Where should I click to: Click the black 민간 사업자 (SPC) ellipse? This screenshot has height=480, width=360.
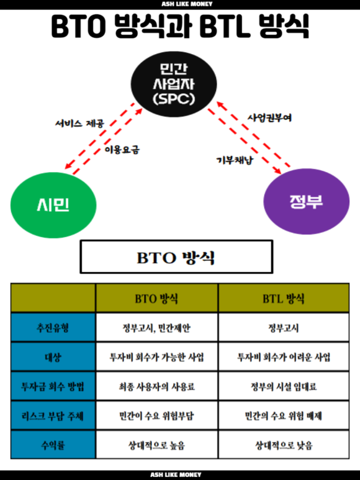pos(174,84)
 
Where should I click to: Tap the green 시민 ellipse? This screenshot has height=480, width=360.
pos(53,205)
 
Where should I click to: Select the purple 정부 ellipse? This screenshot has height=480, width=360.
pos(306,201)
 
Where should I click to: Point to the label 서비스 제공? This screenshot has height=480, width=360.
pos(79,124)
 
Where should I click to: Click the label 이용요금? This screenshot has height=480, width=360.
pos(122,150)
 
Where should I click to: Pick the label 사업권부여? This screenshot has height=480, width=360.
pos(269,118)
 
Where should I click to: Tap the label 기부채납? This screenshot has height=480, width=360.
pos(235,160)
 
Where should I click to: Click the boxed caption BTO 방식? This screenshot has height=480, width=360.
pos(176,256)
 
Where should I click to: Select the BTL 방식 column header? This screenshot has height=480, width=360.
pos(284,299)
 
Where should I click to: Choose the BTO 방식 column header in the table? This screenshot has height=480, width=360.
pos(156,299)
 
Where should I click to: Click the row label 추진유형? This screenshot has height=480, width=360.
pos(53,327)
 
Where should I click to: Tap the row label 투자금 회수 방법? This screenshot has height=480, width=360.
pos(53,386)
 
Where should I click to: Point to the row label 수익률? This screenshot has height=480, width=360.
pos(53,445)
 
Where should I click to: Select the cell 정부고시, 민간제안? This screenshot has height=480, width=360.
pos(156,327)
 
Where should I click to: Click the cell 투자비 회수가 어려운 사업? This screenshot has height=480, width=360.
pos(284,357)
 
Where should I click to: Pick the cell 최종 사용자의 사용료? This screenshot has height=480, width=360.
pos(156,386)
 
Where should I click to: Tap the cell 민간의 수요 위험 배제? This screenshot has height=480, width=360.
pos(284,415)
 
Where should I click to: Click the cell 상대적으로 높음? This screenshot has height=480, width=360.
pos(156,445)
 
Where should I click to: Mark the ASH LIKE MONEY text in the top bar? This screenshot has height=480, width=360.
pos(187,4)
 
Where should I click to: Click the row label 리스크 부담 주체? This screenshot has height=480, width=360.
pos(53,415)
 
